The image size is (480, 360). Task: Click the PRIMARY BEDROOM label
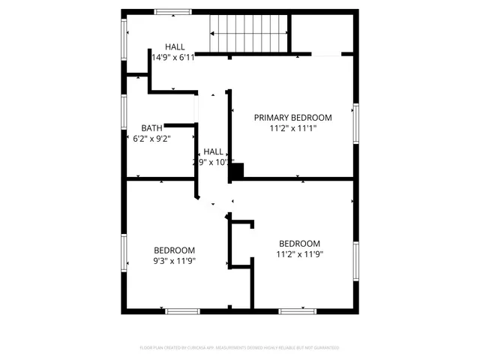[292, 118]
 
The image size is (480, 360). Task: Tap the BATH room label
[151, 128]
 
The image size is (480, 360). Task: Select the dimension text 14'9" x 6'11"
[173, 57]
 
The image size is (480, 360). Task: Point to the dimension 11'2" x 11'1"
[292, 128]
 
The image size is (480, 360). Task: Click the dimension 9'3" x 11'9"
[174, 261]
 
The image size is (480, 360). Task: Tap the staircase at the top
[249, 34]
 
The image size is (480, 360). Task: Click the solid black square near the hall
[236, 172]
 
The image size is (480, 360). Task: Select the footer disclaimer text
[239, 348]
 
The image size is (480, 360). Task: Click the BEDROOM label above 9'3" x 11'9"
[174, 250]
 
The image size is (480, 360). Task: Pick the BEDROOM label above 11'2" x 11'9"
[299, 244]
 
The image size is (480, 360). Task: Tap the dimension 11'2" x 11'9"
[299, 254]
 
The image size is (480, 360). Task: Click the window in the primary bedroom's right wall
[357, 124]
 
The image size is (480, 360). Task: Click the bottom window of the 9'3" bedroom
[182, 311]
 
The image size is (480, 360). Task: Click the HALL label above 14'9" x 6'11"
[175, 46]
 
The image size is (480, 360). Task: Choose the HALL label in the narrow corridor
[213, 151]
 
